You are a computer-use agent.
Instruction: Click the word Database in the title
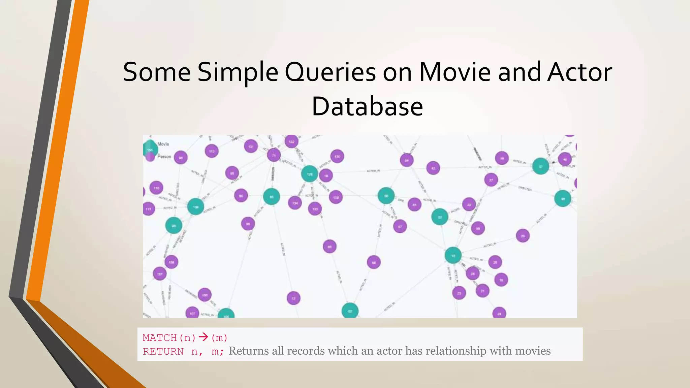coord(367,106)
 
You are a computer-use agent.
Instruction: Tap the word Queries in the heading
coord(330,72)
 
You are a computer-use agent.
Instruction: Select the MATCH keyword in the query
coord(160,337)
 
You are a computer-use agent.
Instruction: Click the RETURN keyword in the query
coord(163,352)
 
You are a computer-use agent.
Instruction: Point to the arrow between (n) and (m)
coord(203,337)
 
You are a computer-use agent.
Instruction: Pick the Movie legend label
coord(163,144)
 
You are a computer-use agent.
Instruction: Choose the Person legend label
coord(164,157)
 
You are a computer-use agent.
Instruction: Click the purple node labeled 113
coord(212,151)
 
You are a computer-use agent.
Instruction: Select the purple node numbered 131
coord(251,146)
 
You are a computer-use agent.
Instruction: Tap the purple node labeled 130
coord(337,156)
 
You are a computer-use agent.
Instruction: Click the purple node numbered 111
coord(149,209)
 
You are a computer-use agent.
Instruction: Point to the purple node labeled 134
coord(295,203)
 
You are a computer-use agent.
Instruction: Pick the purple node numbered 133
coord(315,209)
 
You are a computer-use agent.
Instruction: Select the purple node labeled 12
coord(293,298)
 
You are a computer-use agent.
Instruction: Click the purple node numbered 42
coord(433,168)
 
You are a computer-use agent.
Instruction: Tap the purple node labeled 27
coord(491,180)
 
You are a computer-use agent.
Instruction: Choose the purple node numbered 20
coord(523,236)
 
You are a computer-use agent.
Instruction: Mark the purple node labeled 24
coord(499,314)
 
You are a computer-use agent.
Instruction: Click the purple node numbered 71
coord(274,155)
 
